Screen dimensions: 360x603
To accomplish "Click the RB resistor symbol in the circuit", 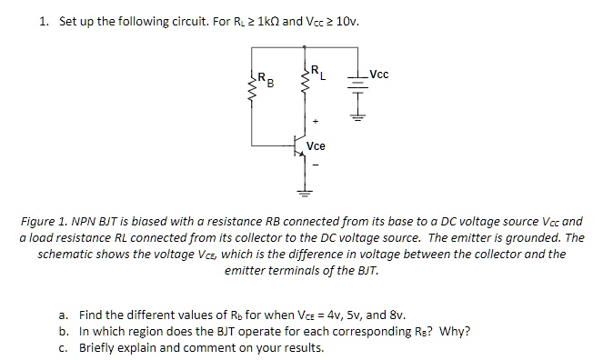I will point(249,85).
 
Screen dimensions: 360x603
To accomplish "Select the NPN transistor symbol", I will point(297,145).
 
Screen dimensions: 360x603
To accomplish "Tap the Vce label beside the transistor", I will point(317,145).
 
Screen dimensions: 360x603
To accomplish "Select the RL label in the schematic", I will point(317,69).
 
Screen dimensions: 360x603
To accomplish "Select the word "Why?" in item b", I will point(455,331).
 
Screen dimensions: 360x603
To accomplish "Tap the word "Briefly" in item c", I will point(99,347).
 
